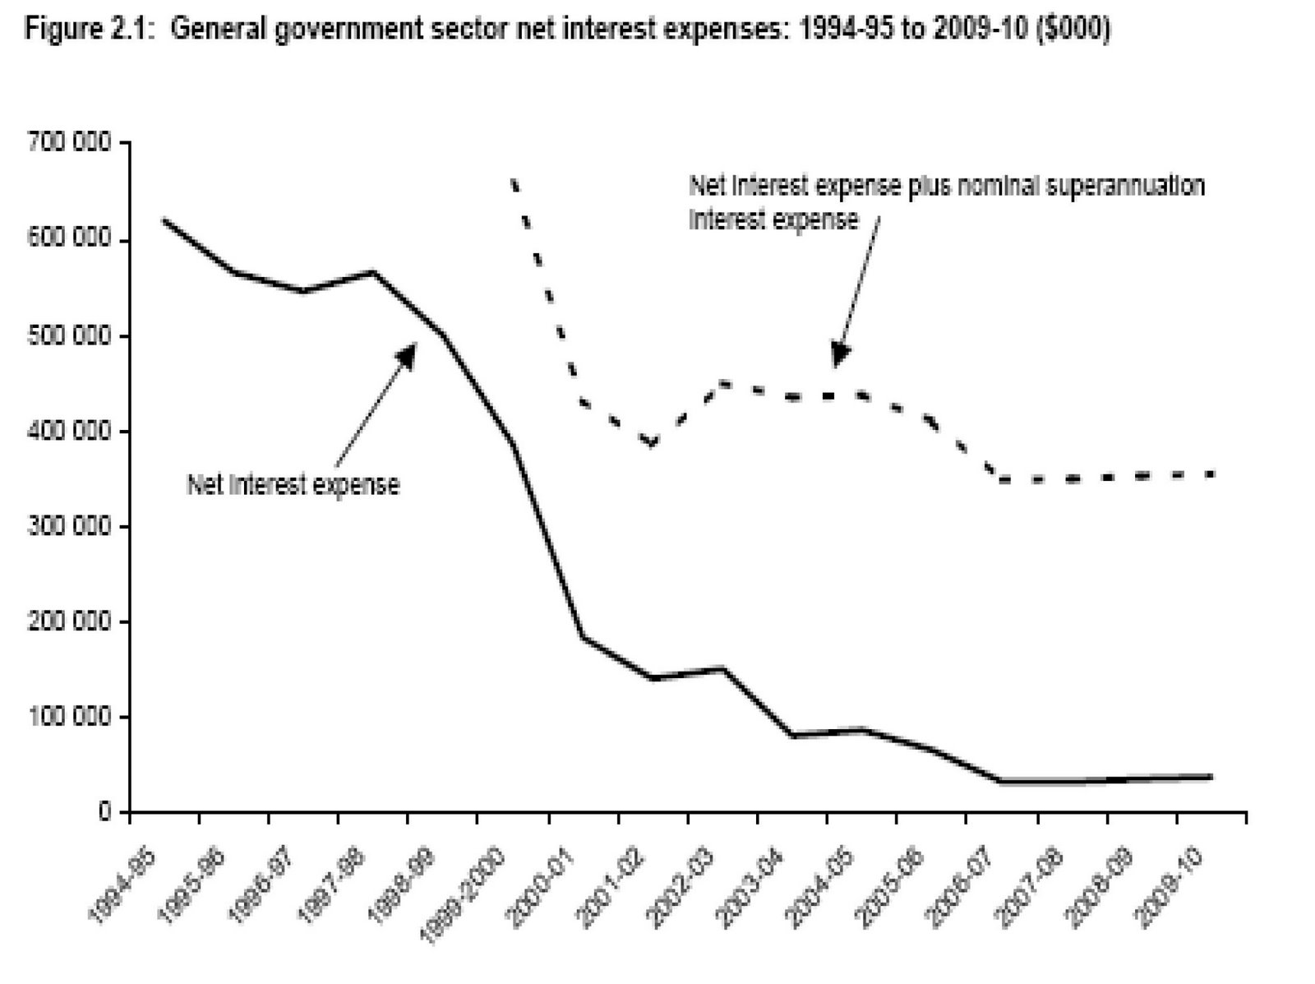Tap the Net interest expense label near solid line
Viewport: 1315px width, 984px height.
point(293,485)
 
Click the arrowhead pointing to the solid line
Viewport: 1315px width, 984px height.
point(408,353)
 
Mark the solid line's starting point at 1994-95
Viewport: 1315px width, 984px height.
point(164,220)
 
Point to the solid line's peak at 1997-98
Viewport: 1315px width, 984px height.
point(373,272)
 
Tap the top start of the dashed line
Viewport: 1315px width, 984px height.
point(514,181)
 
